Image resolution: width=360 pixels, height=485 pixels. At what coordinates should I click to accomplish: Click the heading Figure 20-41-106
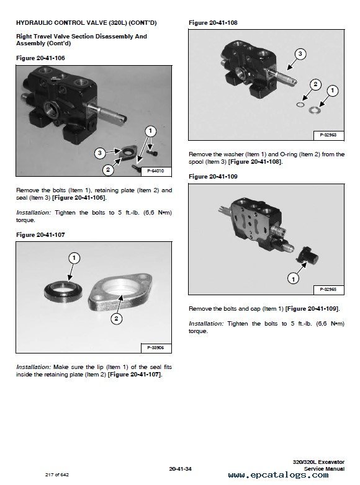tap(40, 58)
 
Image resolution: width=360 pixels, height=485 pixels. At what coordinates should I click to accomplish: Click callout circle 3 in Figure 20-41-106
tap(100, 153)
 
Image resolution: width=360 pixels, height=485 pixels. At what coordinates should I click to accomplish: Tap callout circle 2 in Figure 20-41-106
tap(108, 169)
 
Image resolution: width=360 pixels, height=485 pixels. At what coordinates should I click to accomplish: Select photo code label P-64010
tap(156, 171)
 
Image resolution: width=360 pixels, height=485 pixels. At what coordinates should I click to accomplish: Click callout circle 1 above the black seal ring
tap(74, 258)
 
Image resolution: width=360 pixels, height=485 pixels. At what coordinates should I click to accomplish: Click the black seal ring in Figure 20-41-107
tap(63, 291)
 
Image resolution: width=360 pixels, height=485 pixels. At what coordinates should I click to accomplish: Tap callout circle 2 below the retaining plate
tap(117, 318)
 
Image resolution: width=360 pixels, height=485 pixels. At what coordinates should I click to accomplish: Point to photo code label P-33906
tap(156, 348)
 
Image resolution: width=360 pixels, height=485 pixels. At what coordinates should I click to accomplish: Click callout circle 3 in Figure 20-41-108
tap(300, 54)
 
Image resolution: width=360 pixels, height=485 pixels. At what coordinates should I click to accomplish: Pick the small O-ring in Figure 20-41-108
tap(300, 105)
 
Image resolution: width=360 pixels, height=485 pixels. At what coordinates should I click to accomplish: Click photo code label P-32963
tap(328, 135)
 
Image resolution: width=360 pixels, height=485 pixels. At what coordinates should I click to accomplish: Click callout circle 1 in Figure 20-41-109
tap(293, 279)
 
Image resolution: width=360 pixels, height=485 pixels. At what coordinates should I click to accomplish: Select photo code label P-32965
tap(328, 290)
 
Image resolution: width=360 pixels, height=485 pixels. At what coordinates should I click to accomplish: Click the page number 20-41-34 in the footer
tap(181, 469)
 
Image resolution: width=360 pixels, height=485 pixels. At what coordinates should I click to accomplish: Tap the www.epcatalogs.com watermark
tap(278, 475)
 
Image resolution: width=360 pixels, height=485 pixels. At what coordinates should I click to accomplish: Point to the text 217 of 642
tap(57, 474)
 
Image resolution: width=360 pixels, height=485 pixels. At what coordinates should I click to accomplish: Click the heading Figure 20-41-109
tap(214, 177)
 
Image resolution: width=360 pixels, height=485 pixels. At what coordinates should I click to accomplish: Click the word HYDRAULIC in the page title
tap(34, 22)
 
